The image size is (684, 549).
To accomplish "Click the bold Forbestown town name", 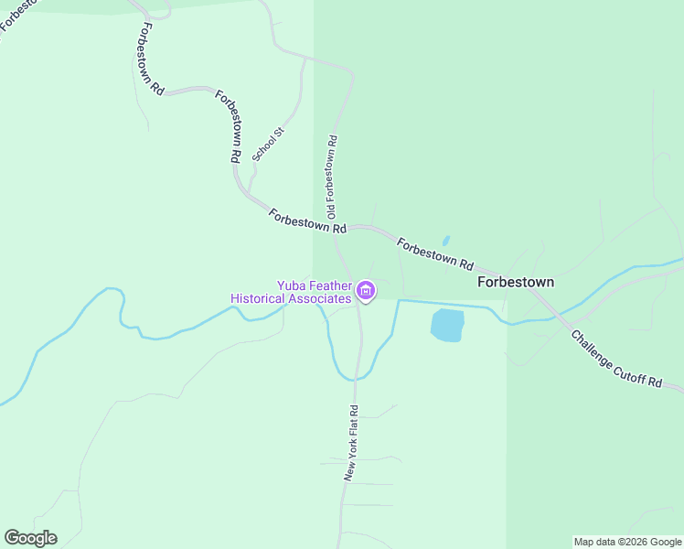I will [x=515, y=283].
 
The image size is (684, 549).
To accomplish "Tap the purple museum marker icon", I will [x=366, y=292].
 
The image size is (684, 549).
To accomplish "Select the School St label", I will [x=269, y=145].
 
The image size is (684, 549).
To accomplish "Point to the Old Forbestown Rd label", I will [x=333, y=178].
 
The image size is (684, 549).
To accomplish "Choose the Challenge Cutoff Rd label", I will [x=616, y=360].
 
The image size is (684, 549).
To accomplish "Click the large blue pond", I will [x=447, y=325].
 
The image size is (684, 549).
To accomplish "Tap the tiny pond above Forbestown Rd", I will [x=445, y=241].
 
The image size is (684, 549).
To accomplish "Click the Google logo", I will [x=30, y=538].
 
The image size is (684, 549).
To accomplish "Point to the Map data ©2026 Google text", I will [x=628, y=542].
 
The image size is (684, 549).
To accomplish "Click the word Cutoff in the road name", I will [x=627, y=367].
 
